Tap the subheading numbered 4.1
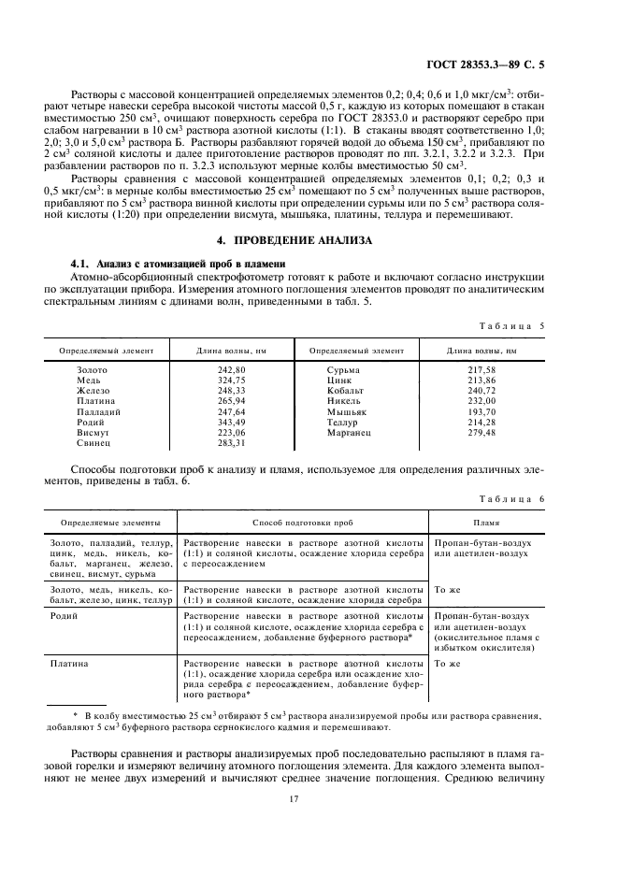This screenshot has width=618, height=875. tap(173, 262)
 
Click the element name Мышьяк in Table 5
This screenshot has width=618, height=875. tap(347, 412)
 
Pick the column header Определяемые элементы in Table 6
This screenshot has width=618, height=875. tap(109, 524)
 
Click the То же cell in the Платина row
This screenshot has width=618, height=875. tap(447, 664)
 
